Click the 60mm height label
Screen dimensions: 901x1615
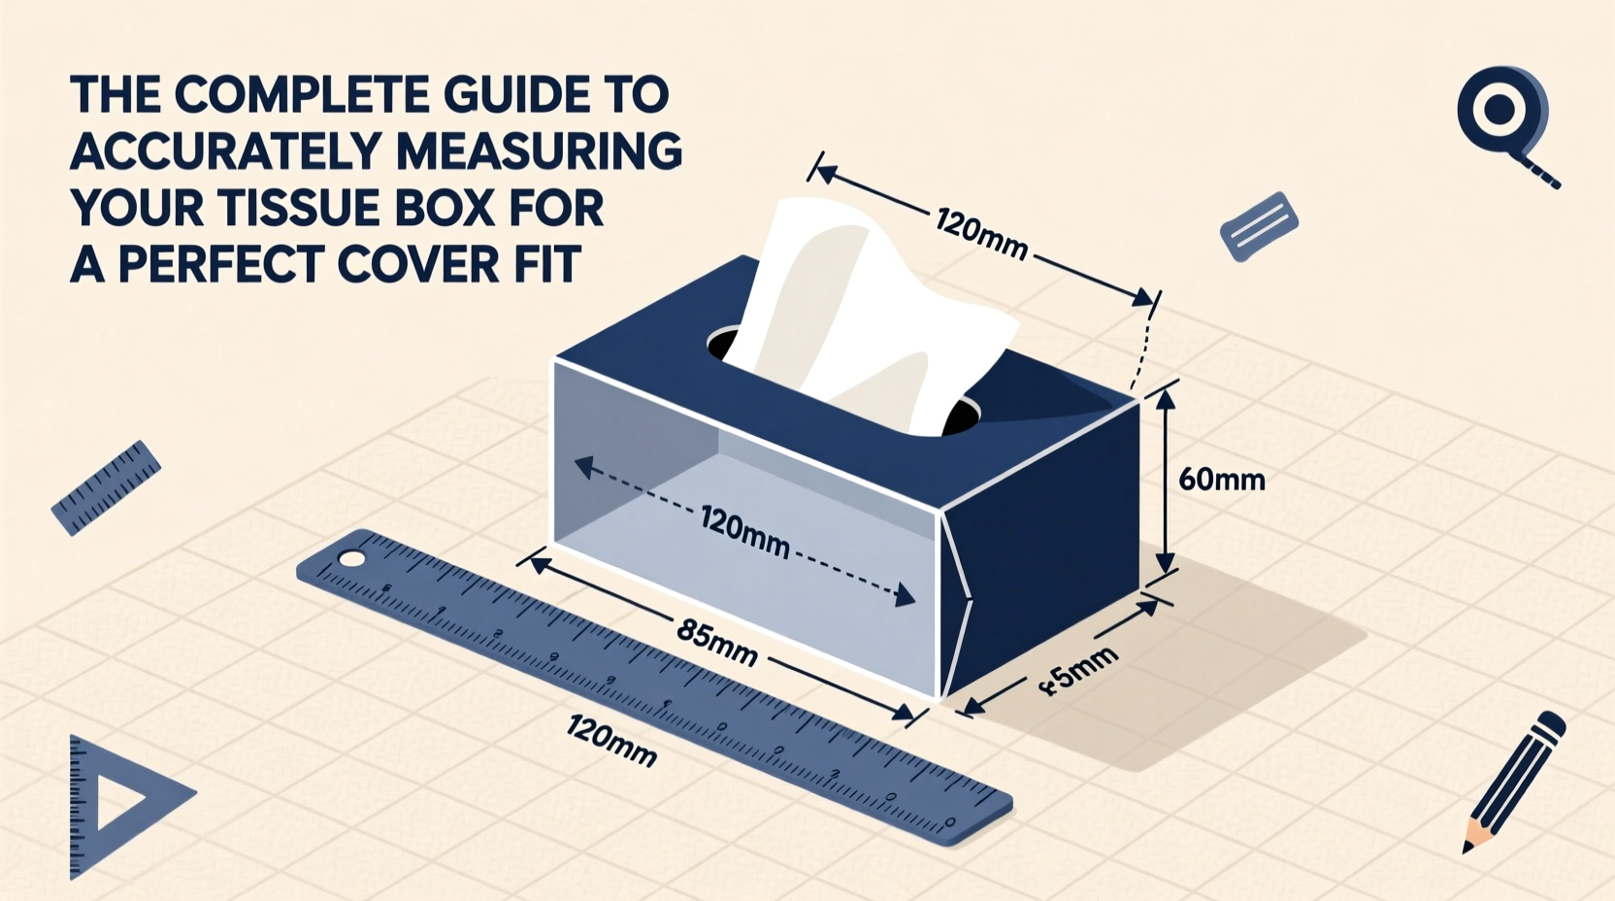coord(1221,480)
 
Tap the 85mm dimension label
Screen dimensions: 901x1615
coord(716,644)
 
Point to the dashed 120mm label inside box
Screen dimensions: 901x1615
coord(743,533)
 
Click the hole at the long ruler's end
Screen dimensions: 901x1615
coord(351,559)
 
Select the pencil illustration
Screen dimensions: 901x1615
coord(1514,782)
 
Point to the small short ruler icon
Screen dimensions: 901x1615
coord(105,488)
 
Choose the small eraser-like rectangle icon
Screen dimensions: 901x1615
coord(1259,226)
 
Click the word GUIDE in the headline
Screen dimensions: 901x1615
coord(499,95)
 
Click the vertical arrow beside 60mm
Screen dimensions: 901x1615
coord(1167,480)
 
